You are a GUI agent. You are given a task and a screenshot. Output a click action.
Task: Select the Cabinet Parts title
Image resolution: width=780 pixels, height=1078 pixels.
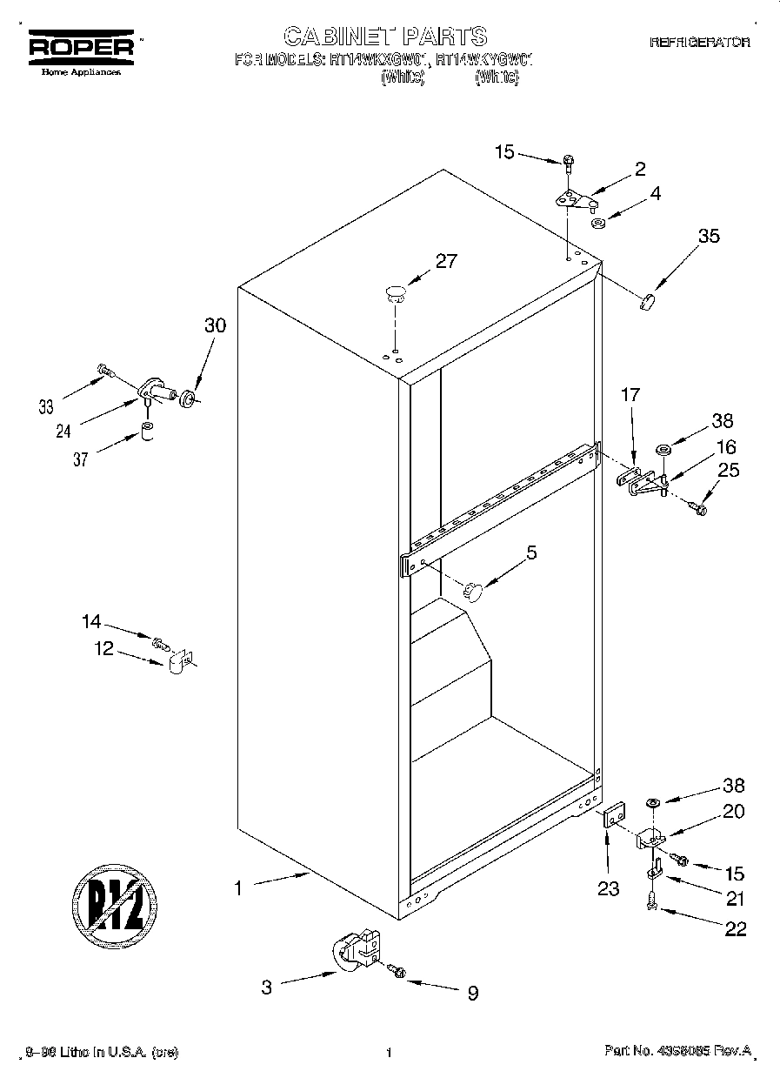pyautogui.click(x=385, y=37)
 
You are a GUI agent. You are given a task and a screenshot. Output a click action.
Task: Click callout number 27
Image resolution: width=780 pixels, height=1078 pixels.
pyautogui.click(x=444, y=261)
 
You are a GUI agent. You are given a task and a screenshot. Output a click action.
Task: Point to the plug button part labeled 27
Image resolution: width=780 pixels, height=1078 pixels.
pyautogui.click(x=395, y=292)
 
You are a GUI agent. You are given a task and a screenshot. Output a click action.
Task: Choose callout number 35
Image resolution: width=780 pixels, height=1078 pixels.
pyautogui.click(x=709, y=235)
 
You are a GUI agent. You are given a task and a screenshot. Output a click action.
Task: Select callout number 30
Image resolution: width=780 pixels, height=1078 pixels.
pyautogui.click(x=215, y=325)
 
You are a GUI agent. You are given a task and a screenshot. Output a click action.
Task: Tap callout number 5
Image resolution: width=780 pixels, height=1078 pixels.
pyautogui.click(x=531, y=552)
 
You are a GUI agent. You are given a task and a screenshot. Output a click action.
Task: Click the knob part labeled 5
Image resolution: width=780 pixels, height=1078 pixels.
pyautogui.click(x=472, y=591)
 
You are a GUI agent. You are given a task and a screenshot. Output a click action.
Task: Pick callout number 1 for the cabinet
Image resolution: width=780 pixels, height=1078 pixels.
pyautogui.click(x=237, y=889)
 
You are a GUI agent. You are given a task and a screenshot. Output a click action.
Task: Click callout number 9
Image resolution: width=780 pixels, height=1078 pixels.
pyautogui.click(x=472, y=993)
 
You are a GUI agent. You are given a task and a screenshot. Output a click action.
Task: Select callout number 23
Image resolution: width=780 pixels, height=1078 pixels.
pyautogui.click(x=609, y=888)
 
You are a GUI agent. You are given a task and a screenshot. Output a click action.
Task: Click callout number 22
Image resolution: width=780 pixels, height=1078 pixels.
pyautogui.click(x=735, y=928)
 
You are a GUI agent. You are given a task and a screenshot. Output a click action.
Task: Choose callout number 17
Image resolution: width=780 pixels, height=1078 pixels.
pyautogui.click(x=630, y=395)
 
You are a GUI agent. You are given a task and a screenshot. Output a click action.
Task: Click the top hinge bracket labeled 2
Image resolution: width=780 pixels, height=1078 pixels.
pyautogui.click(x=571, y=199)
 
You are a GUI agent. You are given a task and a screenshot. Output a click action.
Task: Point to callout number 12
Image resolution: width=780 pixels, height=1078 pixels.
pyautogui.click(x=104, y=648)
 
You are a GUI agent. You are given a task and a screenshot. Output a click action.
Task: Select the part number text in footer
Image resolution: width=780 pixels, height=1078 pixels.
pyautogui.click(x=677, y=1051)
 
